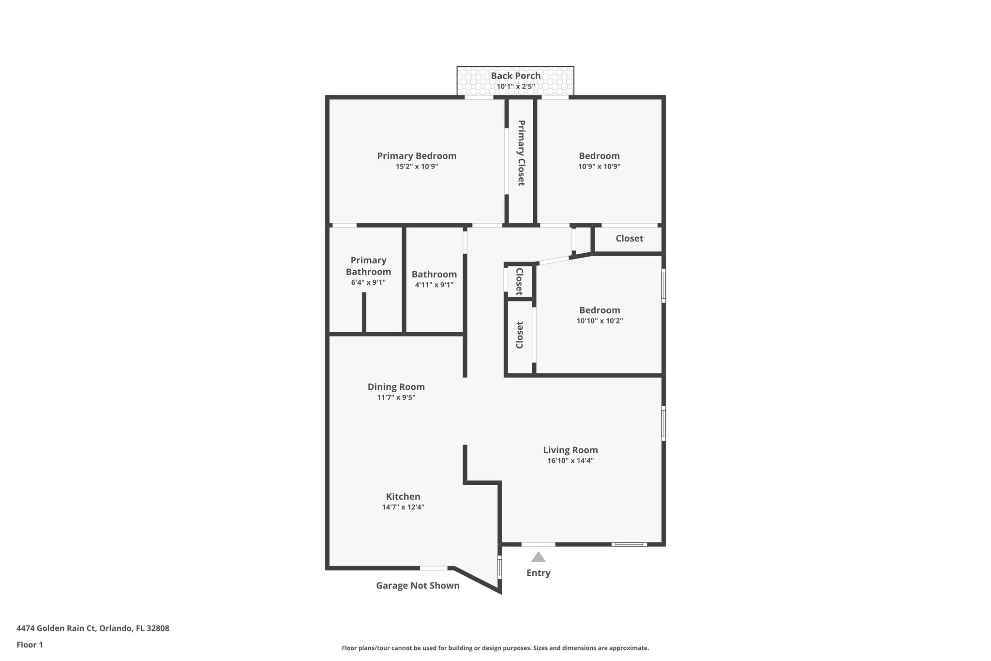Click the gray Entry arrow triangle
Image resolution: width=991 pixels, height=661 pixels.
(x=538, y=557)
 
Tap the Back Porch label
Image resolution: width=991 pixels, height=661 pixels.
(x=515, y=76)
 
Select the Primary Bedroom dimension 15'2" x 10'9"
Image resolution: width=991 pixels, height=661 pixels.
(x=417, y=167)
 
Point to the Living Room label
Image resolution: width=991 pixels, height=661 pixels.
(x=570, y=450)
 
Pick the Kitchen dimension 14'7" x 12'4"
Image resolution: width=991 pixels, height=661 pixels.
(x=403, y=507)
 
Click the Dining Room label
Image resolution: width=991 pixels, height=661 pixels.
(x=396, y=387)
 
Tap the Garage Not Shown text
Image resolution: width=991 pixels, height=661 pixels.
(x=418, y=585)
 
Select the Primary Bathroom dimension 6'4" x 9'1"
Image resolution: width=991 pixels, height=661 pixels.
(x=368, y=282)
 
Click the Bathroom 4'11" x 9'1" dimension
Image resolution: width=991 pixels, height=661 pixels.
(x=434, y=285)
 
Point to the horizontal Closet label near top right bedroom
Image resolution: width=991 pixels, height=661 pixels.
(x=629, y=238)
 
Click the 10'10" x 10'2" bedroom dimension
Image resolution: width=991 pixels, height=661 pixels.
(x=600, y=321)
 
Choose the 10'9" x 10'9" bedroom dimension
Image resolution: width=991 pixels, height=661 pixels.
(x=599, y=167)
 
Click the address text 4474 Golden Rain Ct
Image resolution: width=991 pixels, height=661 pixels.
(x=92, y=629)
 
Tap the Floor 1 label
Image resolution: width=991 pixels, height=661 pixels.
(x=30, y=645)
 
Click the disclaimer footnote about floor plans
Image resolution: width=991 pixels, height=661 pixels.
(x=495, y=648)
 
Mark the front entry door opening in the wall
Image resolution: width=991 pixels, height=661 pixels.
(x=538, y=544)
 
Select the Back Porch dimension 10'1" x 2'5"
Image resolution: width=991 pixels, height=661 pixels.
(x=515, y=87)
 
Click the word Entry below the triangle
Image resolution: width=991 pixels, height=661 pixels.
(x=538, y=573)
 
